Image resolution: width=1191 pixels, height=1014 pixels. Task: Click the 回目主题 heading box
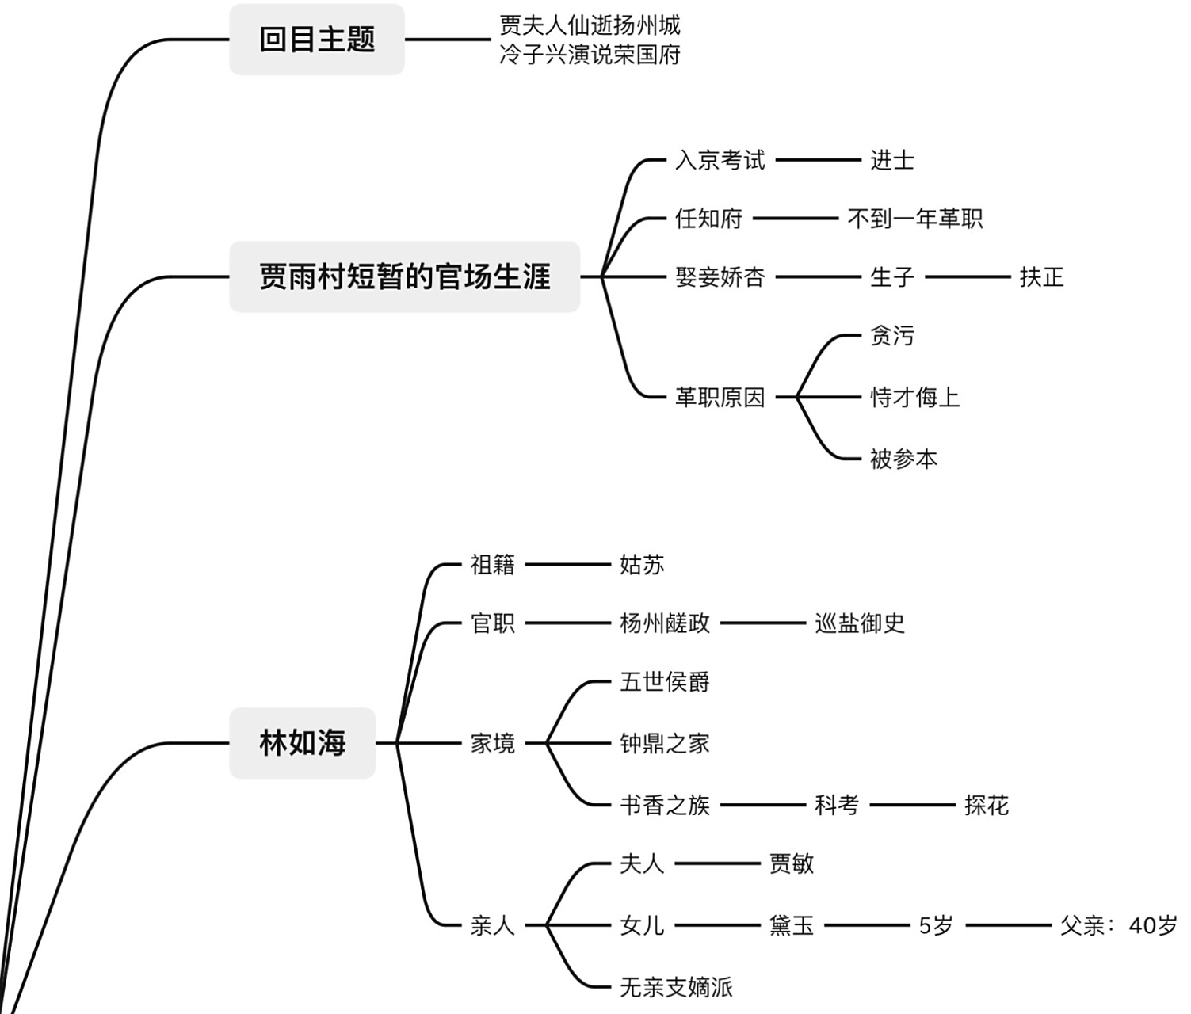click(317, 40)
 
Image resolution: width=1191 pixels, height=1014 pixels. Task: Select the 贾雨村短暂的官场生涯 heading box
click(404, 277)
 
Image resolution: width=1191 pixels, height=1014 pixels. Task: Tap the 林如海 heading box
click(302, 743)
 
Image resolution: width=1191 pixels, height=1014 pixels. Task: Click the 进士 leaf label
click(891, 161)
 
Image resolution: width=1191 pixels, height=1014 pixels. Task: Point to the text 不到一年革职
click(914, 219)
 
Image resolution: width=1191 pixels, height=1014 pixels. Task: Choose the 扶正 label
click(1040, 277)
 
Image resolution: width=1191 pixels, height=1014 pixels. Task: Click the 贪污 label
click(891, 336)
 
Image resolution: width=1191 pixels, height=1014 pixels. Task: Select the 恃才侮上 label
click(914, 398)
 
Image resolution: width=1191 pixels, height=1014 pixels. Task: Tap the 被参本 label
click(903, 459)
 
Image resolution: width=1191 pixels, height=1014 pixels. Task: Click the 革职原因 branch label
click(720, 398)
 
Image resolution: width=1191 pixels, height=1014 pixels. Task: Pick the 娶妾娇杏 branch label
click(720, 277)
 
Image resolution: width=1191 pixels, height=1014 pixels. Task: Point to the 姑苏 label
click(642, 565)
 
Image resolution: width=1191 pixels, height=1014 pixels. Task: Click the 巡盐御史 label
click(860, 623)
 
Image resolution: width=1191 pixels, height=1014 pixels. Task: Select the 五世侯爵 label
click(664, 682)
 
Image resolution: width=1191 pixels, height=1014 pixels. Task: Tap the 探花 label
click(986, 806)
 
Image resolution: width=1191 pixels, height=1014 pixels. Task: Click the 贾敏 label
click(791, 863)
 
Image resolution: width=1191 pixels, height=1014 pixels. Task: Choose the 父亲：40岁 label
click(1118, 925)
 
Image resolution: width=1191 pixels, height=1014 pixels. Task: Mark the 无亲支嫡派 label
click(675, 987)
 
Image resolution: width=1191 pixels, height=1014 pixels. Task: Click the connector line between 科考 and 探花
click(913, 806)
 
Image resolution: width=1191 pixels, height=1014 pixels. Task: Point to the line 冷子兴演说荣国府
click(590, 55)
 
